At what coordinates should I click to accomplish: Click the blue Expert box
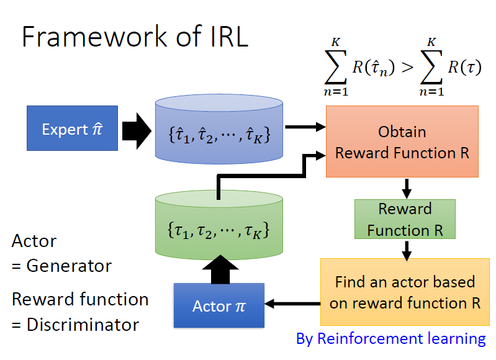click(x=72, y=128)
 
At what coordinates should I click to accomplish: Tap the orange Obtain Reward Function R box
click(x=402, y=142)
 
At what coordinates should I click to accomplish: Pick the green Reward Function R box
click(x=405, y=218)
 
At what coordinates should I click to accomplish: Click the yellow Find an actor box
click(x=405, y=292)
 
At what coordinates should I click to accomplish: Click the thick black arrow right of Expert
click(x=136, y=128)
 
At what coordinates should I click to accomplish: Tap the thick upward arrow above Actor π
click(x=219, y=267)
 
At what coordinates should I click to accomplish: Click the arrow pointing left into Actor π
click(x=292, y=304)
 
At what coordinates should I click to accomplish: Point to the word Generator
click(x=69, y=266)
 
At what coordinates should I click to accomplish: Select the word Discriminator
click(x=83, y=324)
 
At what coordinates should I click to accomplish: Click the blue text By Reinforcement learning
click(x=390, y=339)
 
